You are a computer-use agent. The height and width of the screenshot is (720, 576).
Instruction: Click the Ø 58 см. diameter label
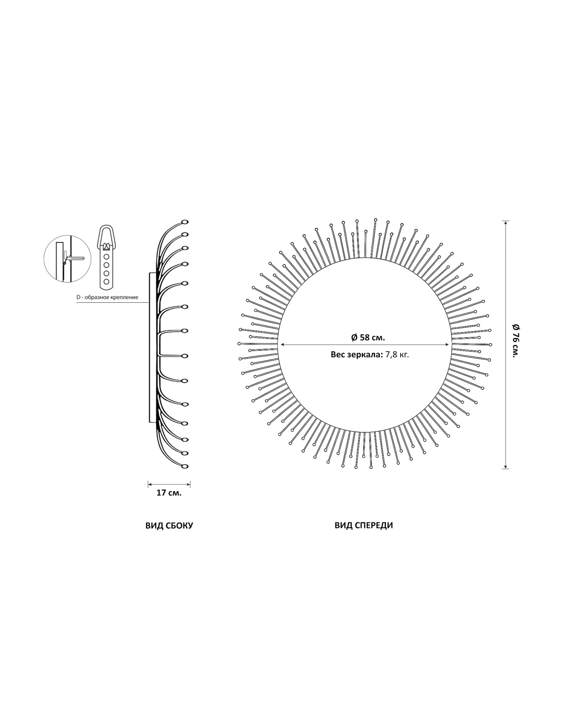(368, 337)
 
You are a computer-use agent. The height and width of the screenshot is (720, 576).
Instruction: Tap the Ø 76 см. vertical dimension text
(516, 340)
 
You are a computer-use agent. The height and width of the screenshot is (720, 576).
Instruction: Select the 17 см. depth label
(169, 493)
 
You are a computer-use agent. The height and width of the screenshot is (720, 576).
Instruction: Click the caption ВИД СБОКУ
(169, 526)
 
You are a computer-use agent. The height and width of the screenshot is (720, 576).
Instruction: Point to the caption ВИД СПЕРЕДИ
(364, 525)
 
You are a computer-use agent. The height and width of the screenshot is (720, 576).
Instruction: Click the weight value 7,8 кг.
(397, 355)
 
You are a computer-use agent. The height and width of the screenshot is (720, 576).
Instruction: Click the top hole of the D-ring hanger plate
(106, 257)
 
